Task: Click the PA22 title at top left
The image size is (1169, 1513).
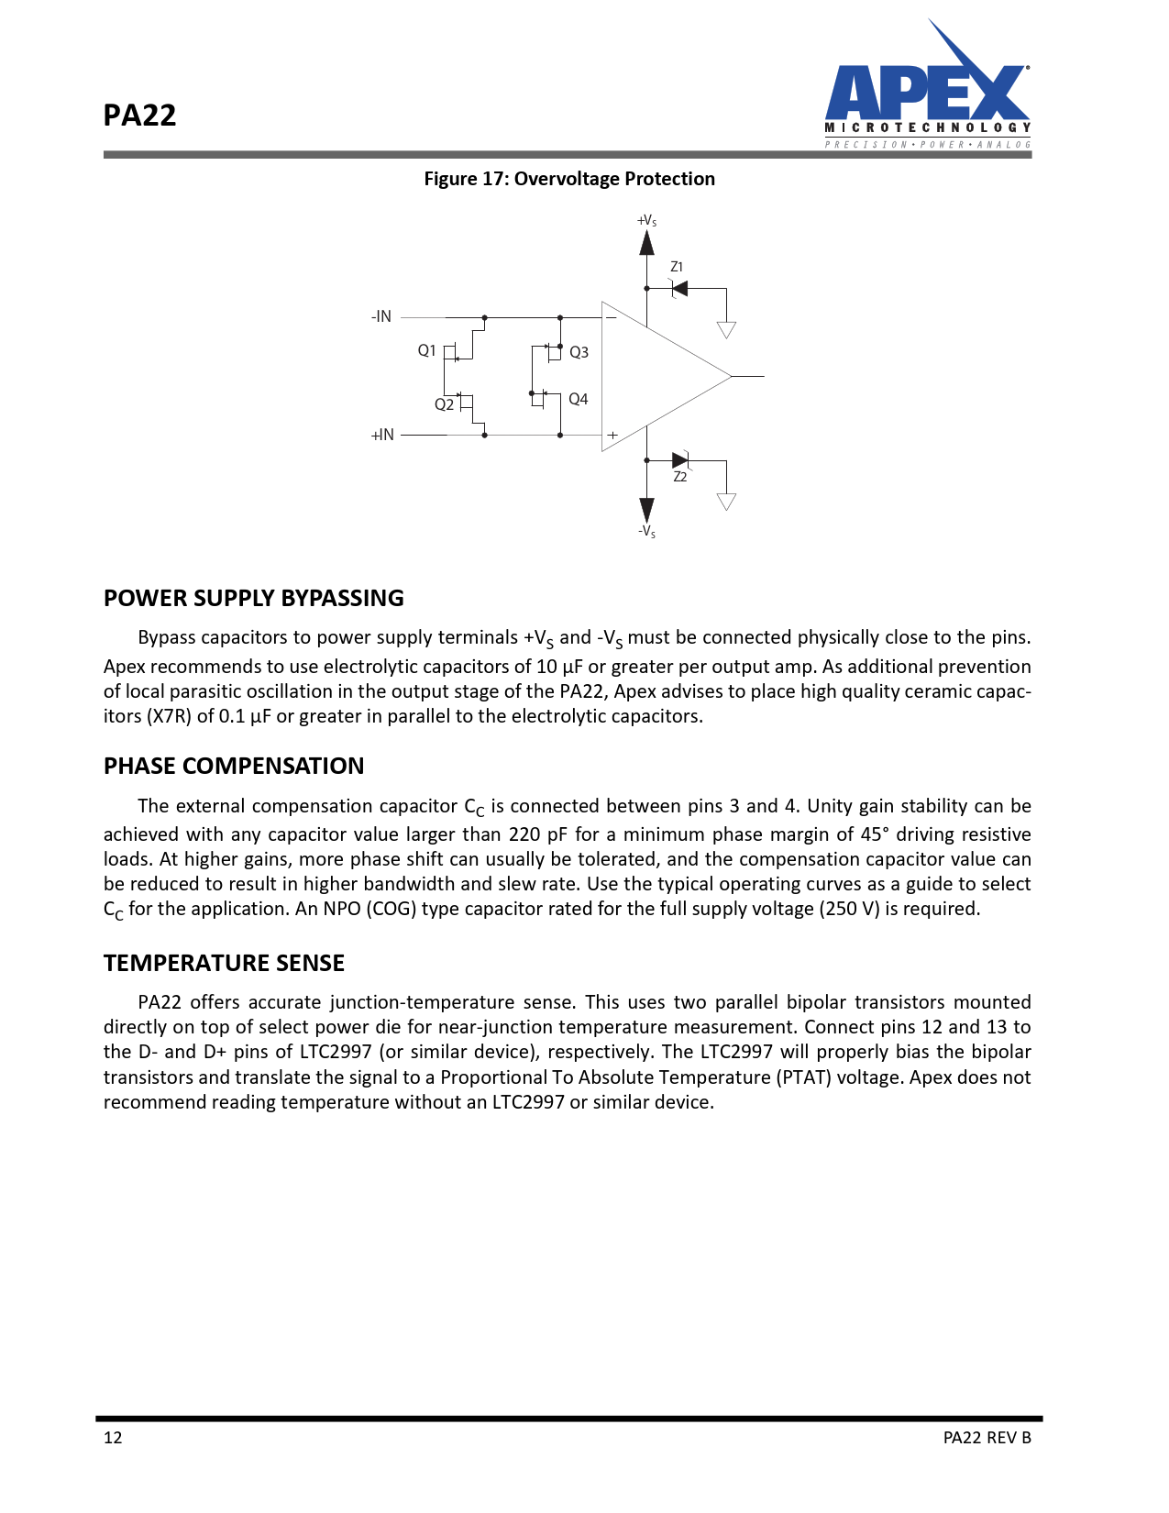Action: click(x=139, y=116)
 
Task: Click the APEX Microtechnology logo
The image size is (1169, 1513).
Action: click(x=927, y=93)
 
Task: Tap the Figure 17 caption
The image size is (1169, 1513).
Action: click(x=568, y=179)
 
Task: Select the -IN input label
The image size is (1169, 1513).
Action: click(x=381, y=316)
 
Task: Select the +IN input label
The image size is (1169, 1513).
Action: click(x=382, y=435)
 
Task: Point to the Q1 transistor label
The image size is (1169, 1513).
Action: click(x=426, y=350)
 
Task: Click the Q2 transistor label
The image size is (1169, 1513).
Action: click(x=444, y=404)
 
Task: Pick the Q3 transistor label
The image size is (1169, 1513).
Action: click(x=579, y=352)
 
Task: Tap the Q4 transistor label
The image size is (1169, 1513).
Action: click(x=578, y=399)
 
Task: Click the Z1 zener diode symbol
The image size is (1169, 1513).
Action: click(x=679, y=289)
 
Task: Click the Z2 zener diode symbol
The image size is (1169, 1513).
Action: click(x=680, y=460)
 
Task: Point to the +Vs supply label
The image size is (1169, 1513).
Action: click(x=646, y=221)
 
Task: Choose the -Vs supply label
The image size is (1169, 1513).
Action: click(x=646, y=531)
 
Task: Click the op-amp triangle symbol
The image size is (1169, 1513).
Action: click(x=656, y=376)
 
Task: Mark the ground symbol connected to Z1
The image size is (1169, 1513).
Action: click(x=726, y=329)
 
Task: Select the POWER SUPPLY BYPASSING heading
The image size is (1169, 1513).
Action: click(x=253, y=598)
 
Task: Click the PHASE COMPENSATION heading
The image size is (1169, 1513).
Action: click(x=233, y=766)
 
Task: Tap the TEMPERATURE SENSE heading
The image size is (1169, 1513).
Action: click(x=224, y=963)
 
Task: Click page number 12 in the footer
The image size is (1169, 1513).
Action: click(x=113, y=1437)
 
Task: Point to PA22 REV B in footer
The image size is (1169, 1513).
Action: click(x=987, y=1437)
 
